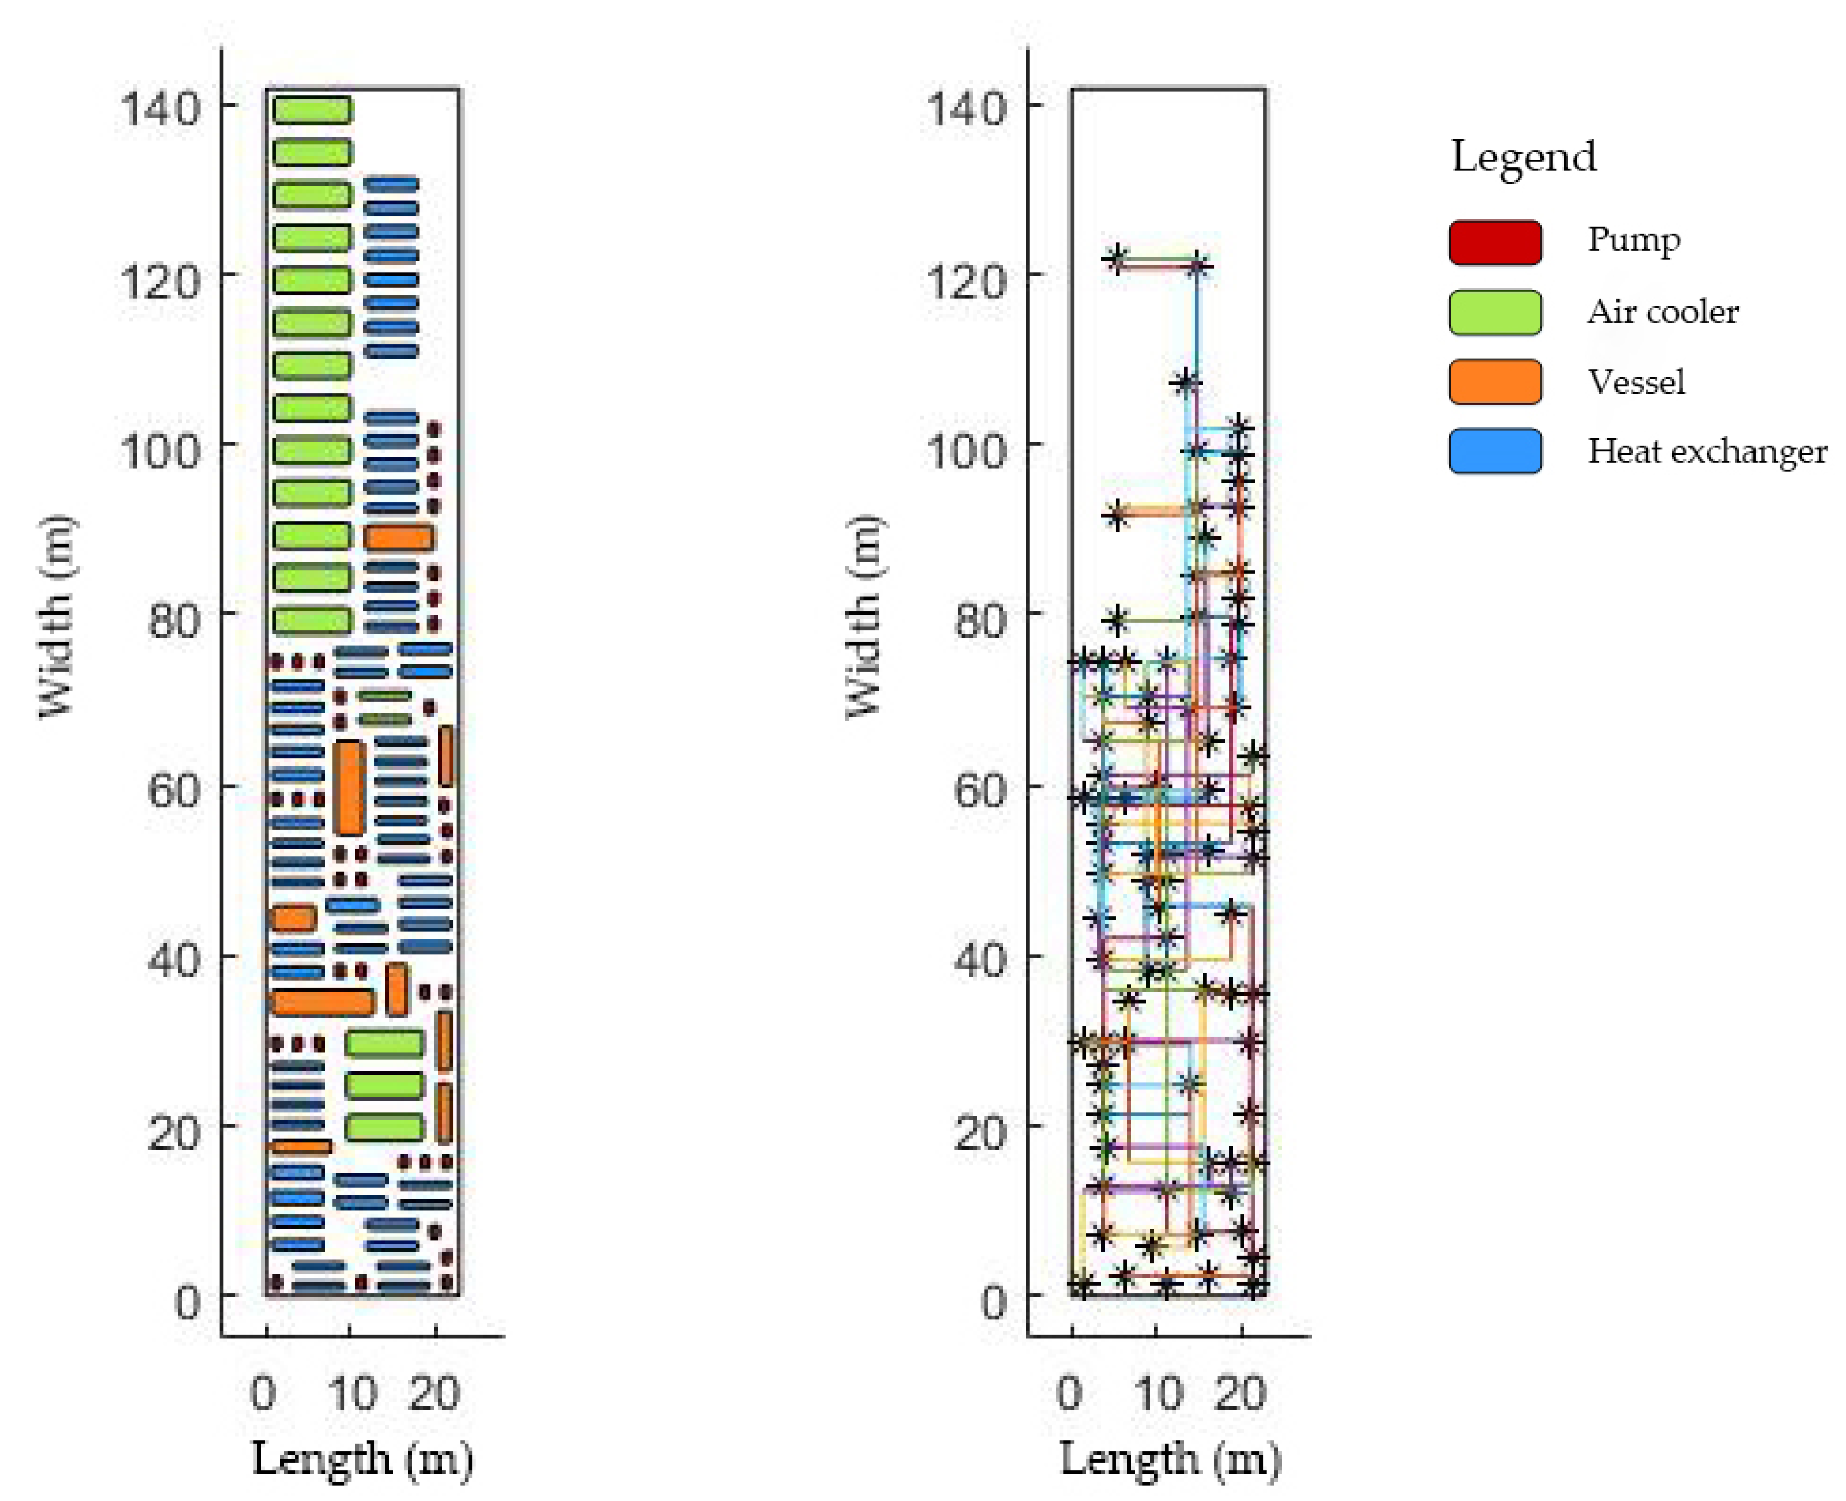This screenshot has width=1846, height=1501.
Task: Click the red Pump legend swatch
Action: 1494,242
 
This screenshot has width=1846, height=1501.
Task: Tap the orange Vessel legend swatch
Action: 1494,381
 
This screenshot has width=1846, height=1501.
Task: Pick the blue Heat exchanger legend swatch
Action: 1494,451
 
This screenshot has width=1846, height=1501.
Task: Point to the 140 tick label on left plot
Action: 160,109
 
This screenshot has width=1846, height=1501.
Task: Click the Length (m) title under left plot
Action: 362,1460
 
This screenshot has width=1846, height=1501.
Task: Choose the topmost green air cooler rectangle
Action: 312,110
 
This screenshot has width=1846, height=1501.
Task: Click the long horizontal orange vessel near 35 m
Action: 322,1002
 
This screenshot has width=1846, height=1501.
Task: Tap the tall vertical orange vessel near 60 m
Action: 349,788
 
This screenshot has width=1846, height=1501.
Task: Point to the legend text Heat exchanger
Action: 1706,451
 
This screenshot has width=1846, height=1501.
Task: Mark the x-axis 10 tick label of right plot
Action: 1159,1394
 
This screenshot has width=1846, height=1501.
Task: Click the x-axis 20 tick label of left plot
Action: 435,1394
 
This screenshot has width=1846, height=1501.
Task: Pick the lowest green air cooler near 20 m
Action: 384,1128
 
